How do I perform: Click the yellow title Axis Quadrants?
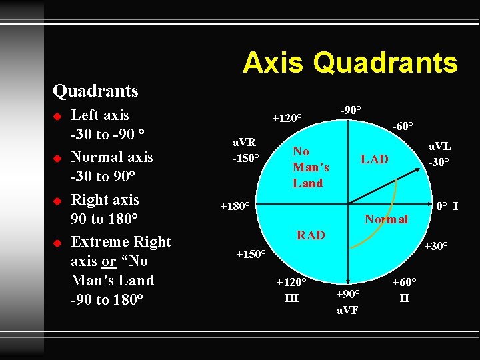(350, 63)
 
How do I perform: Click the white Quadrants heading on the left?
(95, 91)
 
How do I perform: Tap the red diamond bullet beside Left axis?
(57, 117)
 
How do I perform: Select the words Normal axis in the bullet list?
(111, 157)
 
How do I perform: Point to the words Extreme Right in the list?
(121, 242)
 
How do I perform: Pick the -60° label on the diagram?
(402, 125)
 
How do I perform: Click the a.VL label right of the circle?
(439, 147)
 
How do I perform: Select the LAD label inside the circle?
(374, 159)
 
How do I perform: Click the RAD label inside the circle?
(311, 235)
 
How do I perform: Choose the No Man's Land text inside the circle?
(310, 167)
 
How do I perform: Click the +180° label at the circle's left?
(235, 206)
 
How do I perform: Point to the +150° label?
(251, 254)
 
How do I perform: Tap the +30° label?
(436, 246)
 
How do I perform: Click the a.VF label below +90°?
(348, 309)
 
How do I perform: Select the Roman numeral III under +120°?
(291, 297)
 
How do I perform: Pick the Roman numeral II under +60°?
(404, 297)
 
